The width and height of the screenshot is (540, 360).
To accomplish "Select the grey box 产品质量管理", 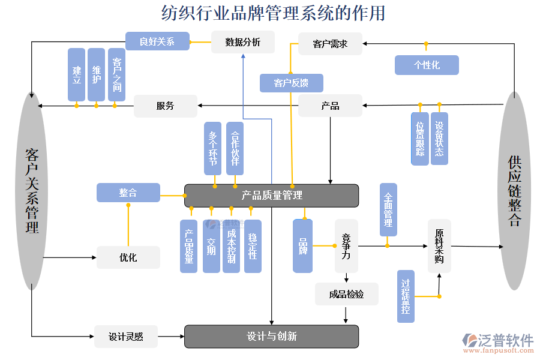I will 271,196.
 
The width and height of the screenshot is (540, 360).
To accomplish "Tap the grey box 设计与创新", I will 271,337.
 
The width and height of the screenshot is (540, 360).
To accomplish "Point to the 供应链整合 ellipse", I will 514,191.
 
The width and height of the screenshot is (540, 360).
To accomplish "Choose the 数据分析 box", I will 242,42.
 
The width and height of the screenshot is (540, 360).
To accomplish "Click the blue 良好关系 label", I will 157,41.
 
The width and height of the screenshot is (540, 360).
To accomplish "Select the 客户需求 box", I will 330,44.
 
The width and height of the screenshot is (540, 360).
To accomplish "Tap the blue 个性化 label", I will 427,65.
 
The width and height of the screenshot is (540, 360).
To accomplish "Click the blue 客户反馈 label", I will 291,83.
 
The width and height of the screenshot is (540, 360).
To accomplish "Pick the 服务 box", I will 165,106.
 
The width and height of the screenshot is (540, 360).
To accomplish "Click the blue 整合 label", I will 128,193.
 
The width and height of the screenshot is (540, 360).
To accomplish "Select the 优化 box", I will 128,257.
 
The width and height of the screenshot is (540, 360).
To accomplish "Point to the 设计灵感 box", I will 126,337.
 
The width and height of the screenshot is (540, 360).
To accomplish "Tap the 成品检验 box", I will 347,294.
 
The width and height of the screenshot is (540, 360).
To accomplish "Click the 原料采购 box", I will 439,246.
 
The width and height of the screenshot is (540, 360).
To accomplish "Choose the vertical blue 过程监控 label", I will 406,296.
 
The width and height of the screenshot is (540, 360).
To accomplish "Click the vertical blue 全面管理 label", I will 388,209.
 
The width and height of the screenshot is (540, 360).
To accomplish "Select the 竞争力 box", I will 346,246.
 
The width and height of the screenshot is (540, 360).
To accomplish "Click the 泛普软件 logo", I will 498,341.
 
